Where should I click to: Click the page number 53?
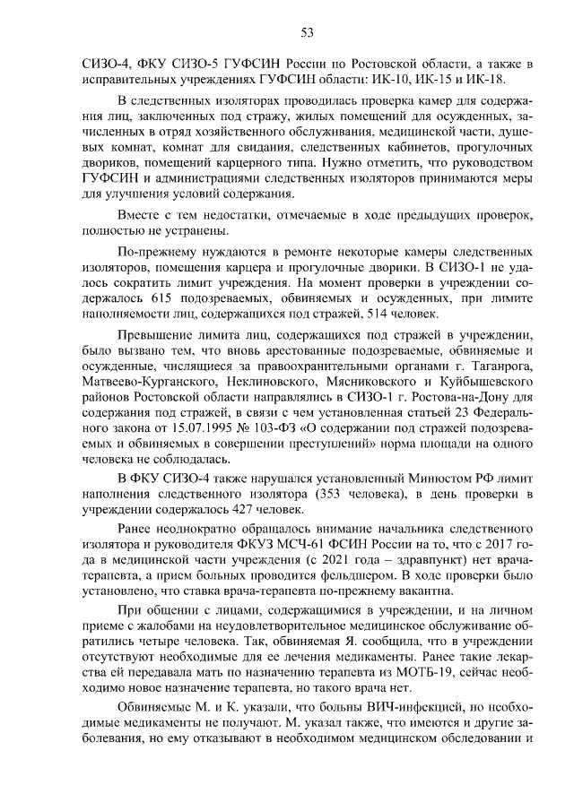(x=305, y=33)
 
